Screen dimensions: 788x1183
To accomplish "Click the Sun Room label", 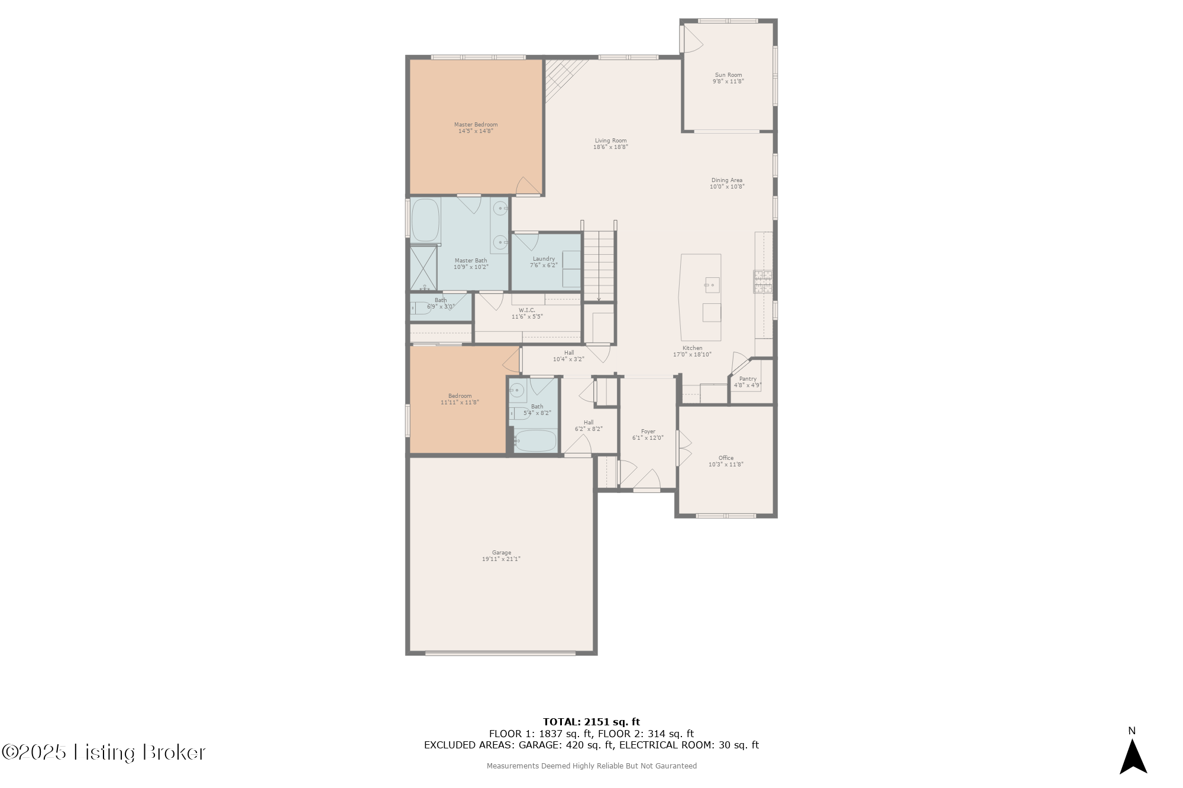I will pos(728,75).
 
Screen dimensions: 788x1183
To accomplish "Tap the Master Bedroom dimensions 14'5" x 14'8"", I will pos(476,131).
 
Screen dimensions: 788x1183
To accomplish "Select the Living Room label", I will pos(610,141).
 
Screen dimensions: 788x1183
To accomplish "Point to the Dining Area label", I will pos(726,180).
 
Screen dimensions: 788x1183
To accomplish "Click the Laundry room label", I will pos(544,259).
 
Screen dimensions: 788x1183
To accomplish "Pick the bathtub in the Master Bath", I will pos(425,220).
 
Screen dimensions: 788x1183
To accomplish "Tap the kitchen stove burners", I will pos(762,282).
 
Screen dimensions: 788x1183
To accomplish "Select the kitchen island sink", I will pos(712,285).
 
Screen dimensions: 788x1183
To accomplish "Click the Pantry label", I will pos(748,379).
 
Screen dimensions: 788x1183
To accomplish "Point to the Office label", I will pos(726,458).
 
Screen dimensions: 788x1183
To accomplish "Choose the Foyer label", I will pos(648,432).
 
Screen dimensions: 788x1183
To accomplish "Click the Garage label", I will pos(501,553).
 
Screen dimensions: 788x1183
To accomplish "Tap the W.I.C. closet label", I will pos(526,310).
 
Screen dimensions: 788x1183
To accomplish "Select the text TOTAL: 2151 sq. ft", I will pos(591,722).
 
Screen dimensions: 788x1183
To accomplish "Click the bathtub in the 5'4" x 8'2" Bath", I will pos(535,440).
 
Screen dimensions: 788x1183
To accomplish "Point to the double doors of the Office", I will pos(684,447).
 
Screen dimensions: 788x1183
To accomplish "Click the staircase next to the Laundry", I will pos(599,266).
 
